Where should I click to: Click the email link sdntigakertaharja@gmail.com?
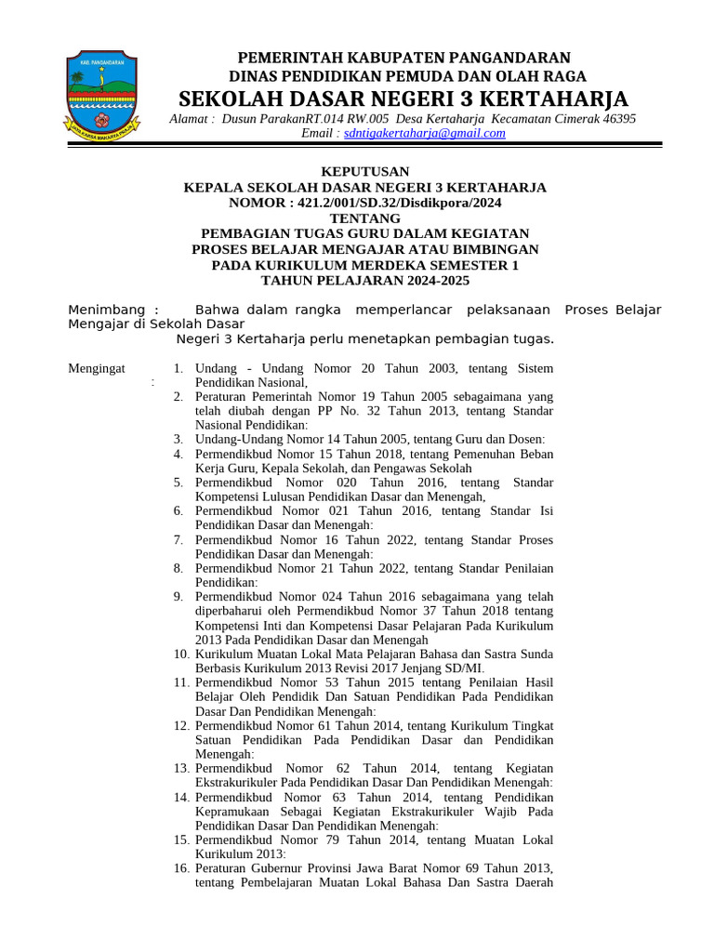(425, 133)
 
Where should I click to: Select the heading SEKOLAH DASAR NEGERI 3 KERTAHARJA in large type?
(403, 99)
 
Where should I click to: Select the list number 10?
(180, 654)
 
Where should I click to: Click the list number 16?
(180, 868)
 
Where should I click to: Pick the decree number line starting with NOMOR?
(364, 202)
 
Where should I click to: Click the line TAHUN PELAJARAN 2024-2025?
(364, 280)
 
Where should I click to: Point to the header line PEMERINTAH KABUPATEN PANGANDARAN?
(403, 58)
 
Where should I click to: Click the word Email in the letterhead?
(318, 133)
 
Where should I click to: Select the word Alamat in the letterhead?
(192, 118)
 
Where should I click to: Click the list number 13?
(180, 768)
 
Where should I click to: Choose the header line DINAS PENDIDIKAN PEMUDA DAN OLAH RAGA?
(403, 76)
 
